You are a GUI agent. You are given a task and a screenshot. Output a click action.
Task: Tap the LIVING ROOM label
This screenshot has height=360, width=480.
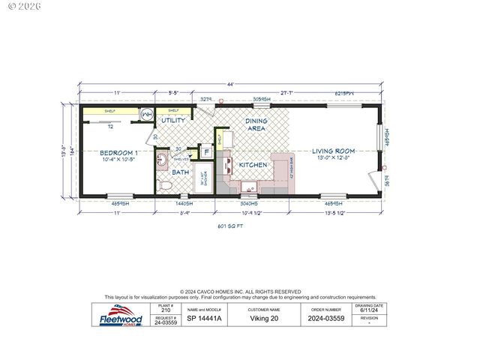point(334,151)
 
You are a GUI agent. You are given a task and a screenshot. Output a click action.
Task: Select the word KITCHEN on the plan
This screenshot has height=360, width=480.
point(253,164)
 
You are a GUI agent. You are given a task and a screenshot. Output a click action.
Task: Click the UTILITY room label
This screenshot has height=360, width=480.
point(174,120)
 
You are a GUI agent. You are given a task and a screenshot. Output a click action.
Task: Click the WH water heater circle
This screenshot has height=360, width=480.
point(147,114)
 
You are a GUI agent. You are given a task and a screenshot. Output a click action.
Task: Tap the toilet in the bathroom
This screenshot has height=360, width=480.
point(163,184)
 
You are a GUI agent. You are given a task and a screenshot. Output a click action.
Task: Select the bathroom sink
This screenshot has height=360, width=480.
point(163,160)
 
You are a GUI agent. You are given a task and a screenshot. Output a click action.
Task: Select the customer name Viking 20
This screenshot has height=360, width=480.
point(264,318)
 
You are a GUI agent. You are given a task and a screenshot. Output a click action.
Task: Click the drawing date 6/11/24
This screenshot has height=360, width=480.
point(369,311)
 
